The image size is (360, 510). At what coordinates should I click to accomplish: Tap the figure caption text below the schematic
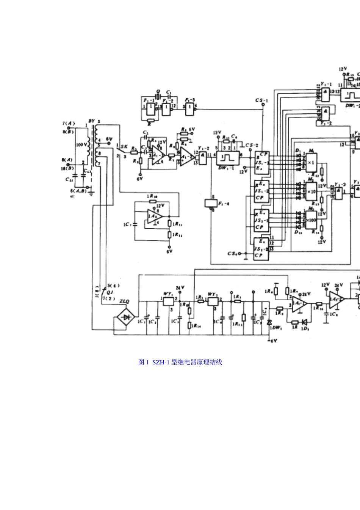tap(180, 362)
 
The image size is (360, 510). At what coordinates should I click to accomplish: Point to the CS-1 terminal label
tap(261, 100)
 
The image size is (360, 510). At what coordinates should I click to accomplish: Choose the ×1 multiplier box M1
tap(311, 162)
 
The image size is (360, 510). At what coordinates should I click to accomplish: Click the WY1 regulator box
tap(168, 301)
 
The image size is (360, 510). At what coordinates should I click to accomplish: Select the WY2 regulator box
tap(213, 301)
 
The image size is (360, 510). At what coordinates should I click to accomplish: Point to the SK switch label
tap(124, 146)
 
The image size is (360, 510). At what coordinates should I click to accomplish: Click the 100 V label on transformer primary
tap(81, 144)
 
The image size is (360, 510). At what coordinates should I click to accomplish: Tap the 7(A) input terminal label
tap(68, 123)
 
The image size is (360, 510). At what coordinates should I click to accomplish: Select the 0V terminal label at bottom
tap(273, 341)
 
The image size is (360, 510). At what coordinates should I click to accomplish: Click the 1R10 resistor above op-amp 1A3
tap(152, 196)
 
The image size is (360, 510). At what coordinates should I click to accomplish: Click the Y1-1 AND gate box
tap(325, 93)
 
